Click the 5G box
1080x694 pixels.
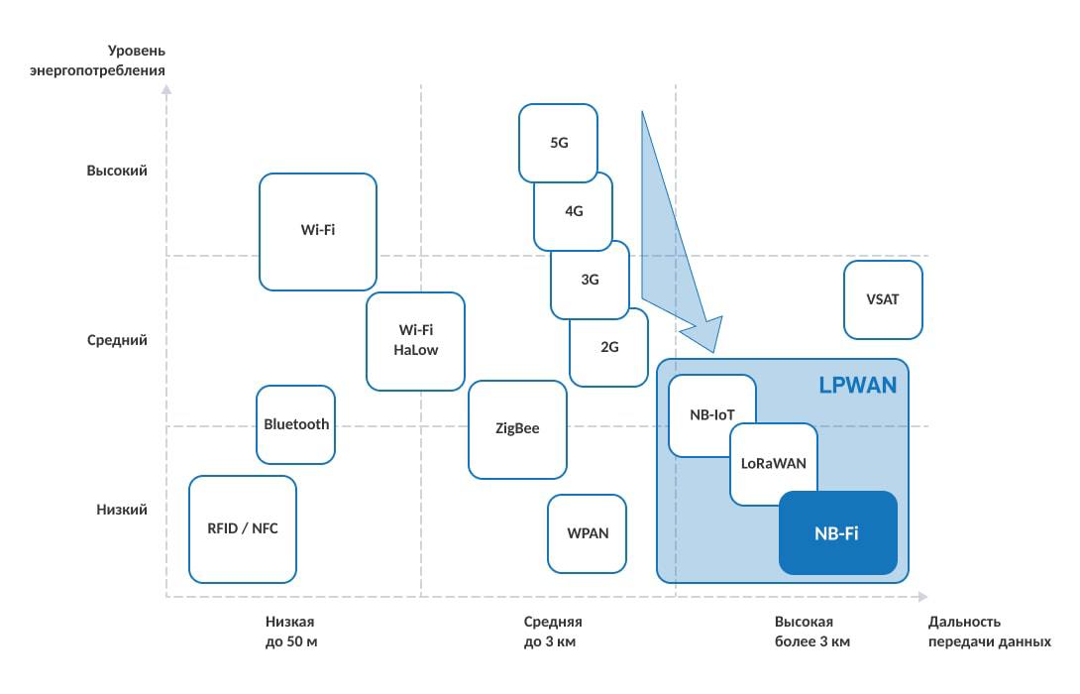(558, 142)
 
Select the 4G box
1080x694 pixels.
(573, 211)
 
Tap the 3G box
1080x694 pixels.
(590, 280)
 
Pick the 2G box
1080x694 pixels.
(609, 347)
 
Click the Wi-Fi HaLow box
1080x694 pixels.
(415, 340)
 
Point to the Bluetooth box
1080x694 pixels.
(295, 424)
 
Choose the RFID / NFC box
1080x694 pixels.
(242, 528)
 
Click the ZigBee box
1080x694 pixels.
(517, 428)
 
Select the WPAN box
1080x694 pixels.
(587, 532)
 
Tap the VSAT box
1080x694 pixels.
(883, 299)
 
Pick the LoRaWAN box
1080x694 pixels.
(774, 463)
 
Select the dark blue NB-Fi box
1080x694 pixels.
(837, 533)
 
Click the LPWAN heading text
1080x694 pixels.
(857, 386)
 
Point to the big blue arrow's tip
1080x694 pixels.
(714, 351)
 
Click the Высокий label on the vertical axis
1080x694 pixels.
(117, 171)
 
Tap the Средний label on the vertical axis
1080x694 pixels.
(117, 340)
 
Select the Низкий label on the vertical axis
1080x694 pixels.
(121, 510)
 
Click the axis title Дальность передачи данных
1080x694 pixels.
(989, 632)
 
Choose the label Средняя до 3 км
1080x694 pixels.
(552, 632)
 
